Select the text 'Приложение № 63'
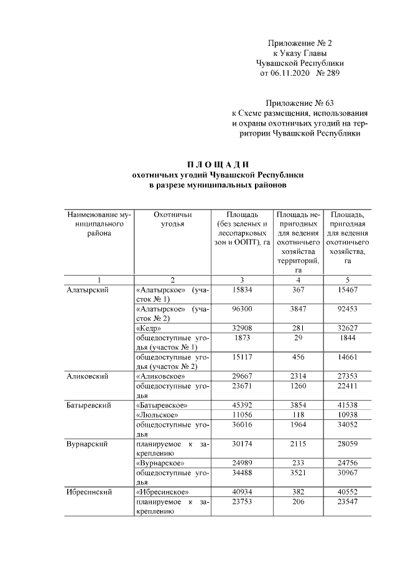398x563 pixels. [x=303, y=103]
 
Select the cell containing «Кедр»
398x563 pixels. [x=149, y=327]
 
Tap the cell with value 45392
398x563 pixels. [x=240, y=406]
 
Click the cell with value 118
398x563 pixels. [x=296, y=415]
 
